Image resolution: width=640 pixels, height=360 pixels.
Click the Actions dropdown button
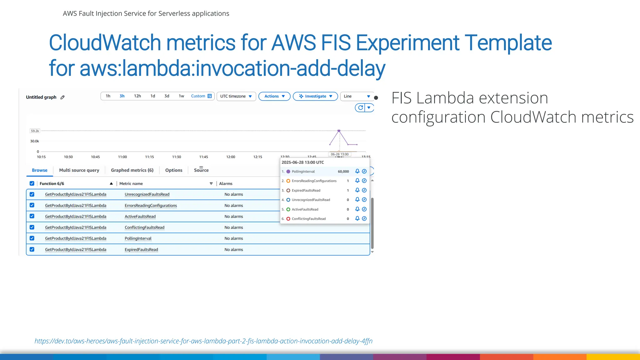(x=274, y=96)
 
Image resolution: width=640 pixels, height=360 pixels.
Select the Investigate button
(x=315, y=96)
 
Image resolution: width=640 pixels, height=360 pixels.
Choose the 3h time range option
(x=122, y=96)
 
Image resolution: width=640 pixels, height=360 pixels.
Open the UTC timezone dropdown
(x=236, y=96)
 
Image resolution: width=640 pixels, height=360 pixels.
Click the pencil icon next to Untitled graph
(x=62, y=97)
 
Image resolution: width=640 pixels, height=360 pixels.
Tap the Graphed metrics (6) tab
(x=132, y=170)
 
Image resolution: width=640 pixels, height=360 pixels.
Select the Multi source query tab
(x=79, y=170)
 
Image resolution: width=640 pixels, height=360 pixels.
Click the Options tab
(x=173, y=170)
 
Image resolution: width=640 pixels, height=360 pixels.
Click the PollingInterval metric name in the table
(x=138, y=238)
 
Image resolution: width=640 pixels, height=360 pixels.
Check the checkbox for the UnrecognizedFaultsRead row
(x=32, y=194)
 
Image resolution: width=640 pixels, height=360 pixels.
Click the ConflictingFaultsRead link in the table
(x=144, y=227)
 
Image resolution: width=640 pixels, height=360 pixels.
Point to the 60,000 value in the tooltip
(x=343, y=172)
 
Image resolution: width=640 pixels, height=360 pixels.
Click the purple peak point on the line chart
(x=339, y=131)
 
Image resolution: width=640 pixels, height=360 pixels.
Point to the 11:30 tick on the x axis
(x=177, y=157)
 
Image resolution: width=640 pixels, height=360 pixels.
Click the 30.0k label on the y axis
(x=34, y=141)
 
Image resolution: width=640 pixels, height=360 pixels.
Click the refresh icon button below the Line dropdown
(x=360, y=107)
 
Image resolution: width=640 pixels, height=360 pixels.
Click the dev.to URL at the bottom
(x=203, y=341)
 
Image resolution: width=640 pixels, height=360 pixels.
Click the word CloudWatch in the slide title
(x=105, y=42)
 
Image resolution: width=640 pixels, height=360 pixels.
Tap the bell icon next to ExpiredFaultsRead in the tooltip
(x=357, y=190)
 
